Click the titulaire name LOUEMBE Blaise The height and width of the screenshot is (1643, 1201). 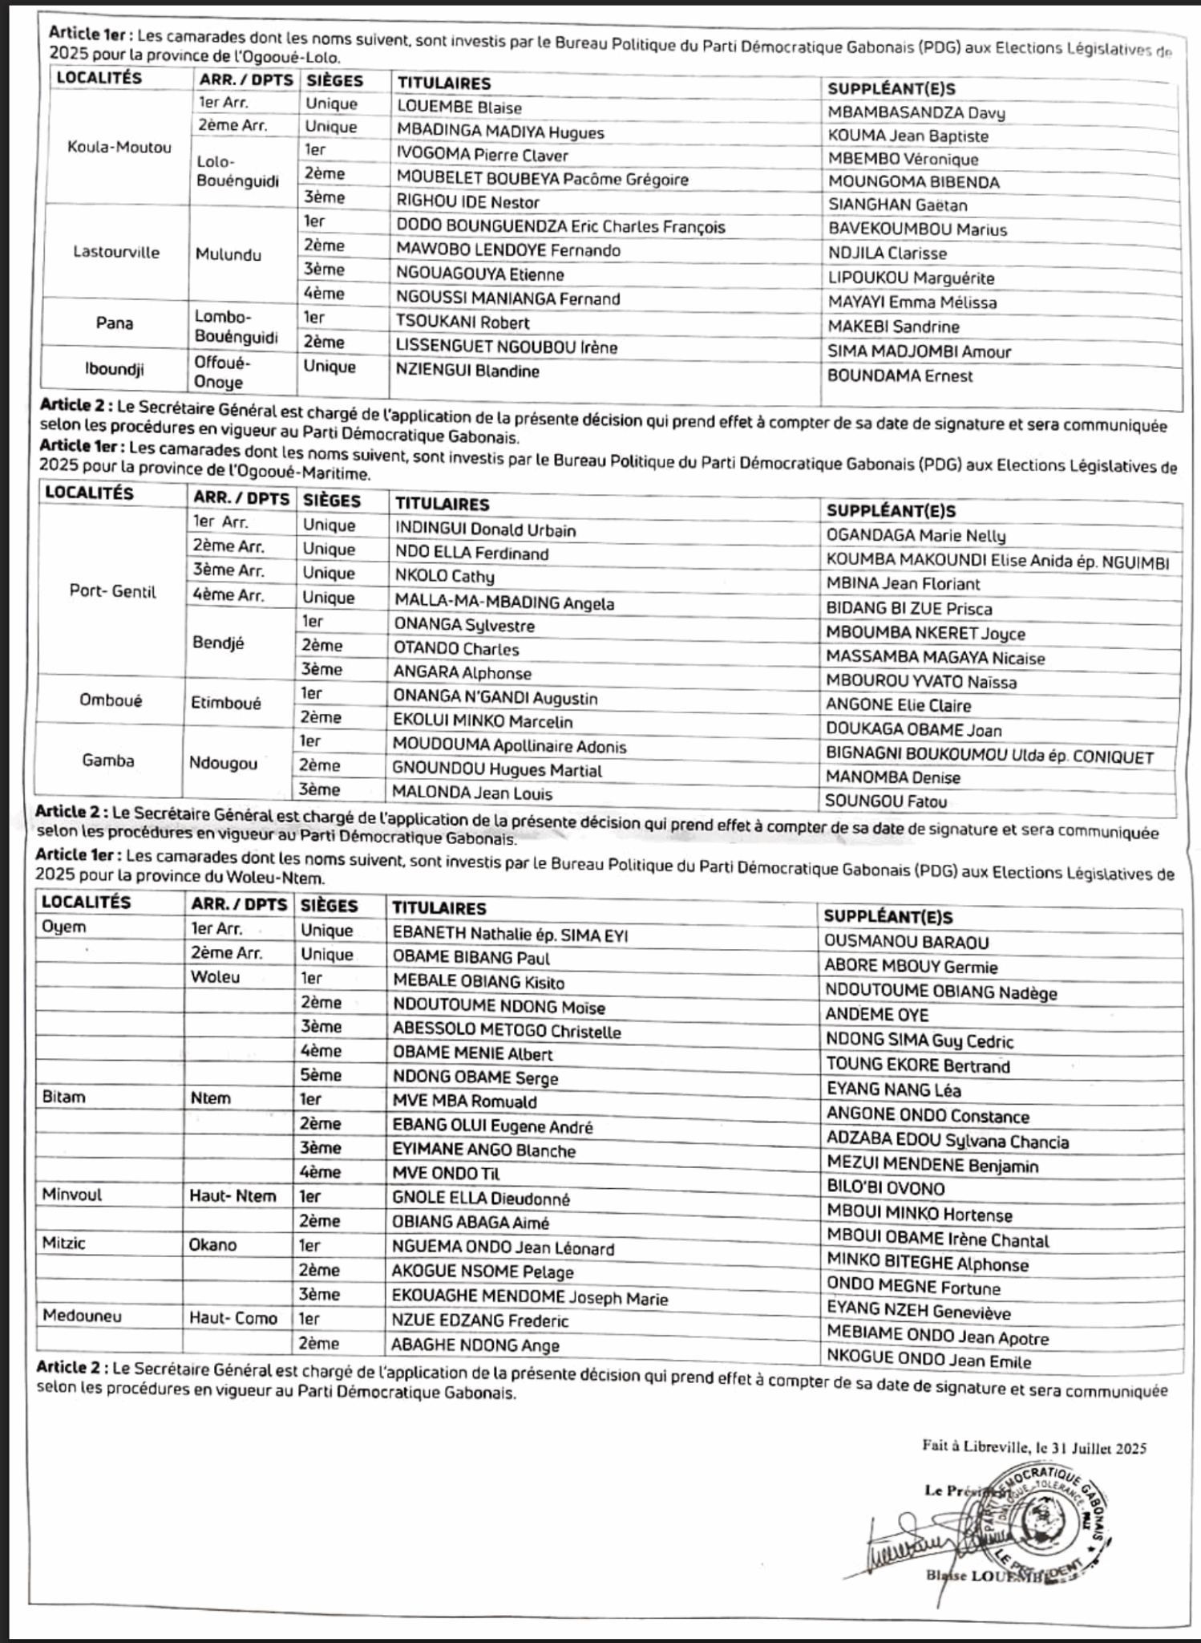click(x=459, y=108)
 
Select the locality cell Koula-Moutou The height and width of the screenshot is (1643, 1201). click(x=119, y=147)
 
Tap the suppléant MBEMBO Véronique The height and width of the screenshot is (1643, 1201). click(x=903, y=159)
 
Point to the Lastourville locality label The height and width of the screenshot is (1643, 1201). click(x=116, y=252)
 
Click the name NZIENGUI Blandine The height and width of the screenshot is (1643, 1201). click(x=467, y=371)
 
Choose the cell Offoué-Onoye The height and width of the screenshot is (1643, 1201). click(x=222, y=372)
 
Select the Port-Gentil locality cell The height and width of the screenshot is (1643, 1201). click(x=112, y=592)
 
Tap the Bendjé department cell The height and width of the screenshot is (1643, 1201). click(x=218, y=643)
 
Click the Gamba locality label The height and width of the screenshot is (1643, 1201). click(x=108, y=761)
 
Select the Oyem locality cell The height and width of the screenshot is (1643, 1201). click(x=63, y=927)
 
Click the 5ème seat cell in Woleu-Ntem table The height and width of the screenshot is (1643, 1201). click(x=321, y=1075)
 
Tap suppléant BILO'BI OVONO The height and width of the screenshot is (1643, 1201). click(x=885, y=1188)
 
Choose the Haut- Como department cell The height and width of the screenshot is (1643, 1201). click(x=233, y=1318)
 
